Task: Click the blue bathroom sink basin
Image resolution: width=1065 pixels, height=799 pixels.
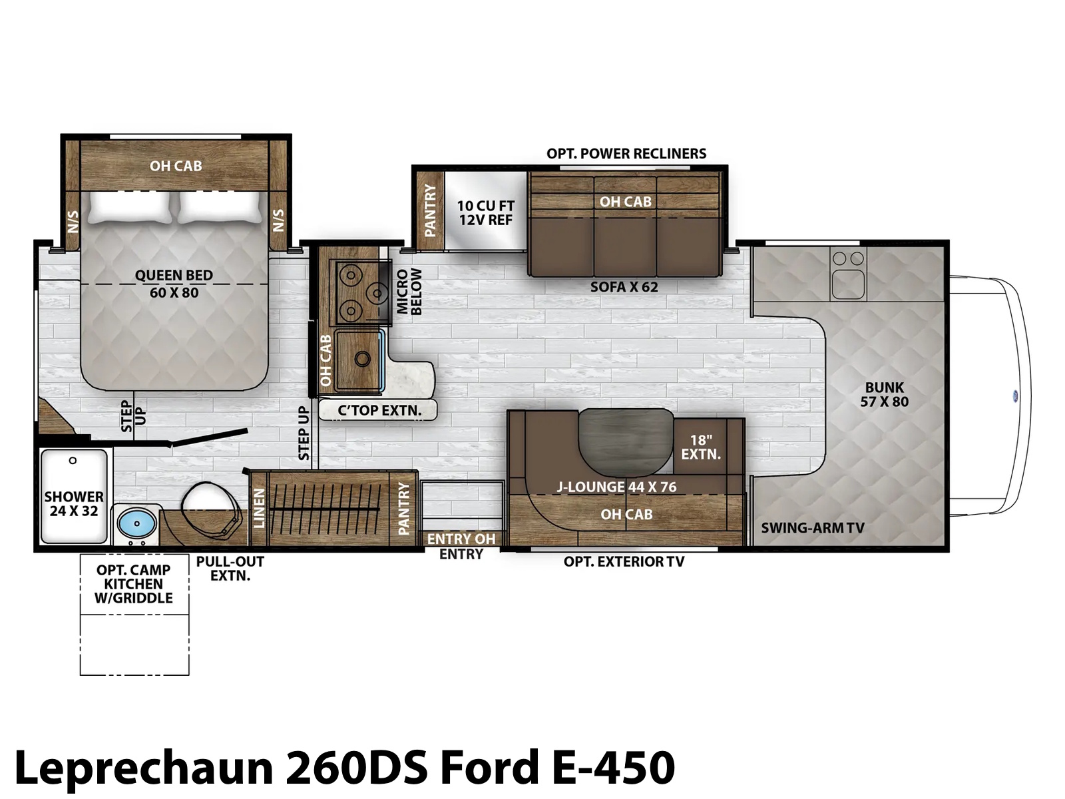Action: click(x=137, y=523)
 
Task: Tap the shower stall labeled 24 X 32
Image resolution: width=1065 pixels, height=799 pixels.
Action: click(x=74, y=497)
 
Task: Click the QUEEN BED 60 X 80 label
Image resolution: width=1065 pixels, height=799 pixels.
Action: click(x=174, y=284)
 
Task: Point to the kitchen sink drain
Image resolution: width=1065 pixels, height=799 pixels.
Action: click(x=362, y=359)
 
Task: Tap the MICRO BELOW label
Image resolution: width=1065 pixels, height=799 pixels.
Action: click(x=409, y=292)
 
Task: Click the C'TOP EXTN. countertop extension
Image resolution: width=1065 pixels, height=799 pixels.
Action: click(x=379, y=410)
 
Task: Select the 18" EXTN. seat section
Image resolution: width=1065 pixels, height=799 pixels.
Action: click(x=701, y=447)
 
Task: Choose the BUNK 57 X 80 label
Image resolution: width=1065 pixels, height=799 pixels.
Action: click(x=884, y=394)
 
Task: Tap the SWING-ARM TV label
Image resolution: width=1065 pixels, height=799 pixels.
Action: click(x=813, y=528)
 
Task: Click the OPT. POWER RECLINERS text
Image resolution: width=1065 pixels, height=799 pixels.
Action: click(x=626, y=154)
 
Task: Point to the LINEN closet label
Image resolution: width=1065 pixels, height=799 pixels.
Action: click(x=260, y=508)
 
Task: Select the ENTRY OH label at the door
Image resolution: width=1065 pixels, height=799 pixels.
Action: click(x=461, y=539)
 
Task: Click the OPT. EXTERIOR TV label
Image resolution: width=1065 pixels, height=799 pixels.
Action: click(x=624, y=562)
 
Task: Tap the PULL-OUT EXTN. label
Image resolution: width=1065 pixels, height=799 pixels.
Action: click(x=230, y=569)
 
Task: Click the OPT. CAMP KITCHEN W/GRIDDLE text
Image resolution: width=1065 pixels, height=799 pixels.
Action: click(x=133, y=584)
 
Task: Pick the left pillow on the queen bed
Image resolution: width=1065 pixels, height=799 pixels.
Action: click(x=129, y=207)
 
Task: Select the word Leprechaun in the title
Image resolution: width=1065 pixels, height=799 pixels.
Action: click(x=144, y=768)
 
